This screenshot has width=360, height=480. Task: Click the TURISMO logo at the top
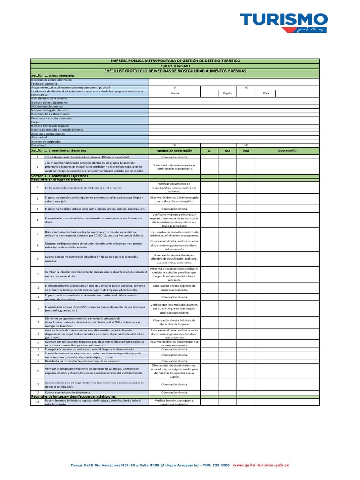[284, 22]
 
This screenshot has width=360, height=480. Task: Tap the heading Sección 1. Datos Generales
[53, 75]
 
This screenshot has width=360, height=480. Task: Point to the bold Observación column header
[288, 150]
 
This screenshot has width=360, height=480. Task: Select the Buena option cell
[174, 93]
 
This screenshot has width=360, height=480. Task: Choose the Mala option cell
[266, 93]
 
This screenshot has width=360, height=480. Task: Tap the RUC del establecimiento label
[47, 106]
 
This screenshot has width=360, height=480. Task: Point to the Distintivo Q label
[39, 145]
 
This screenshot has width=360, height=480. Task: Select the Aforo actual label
[40, 137]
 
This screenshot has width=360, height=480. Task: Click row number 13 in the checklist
[37, 309]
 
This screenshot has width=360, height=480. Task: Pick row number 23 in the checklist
[37, 402]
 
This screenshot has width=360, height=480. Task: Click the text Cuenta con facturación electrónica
[68, 392]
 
